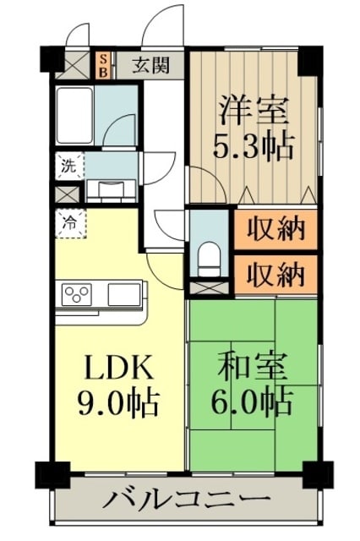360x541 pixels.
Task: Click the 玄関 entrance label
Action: point(155,65)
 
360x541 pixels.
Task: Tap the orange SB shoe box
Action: point(103,65)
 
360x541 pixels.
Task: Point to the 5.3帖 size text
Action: point(254,147)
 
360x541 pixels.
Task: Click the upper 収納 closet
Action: point(275,229)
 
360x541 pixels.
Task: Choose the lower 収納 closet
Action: point(275,272)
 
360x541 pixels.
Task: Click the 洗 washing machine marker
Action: point(67,166)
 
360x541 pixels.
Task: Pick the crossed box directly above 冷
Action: point(66,192)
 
